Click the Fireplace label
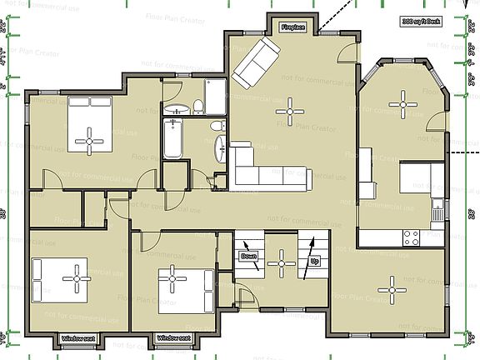[292, 27]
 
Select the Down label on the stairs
[249, 257]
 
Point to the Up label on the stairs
[315, 261]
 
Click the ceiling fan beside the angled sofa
[291, 108]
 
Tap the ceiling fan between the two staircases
[282, 263]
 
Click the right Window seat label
[173, 339]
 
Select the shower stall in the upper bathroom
[214, 98]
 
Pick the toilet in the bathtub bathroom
[217, 125]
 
